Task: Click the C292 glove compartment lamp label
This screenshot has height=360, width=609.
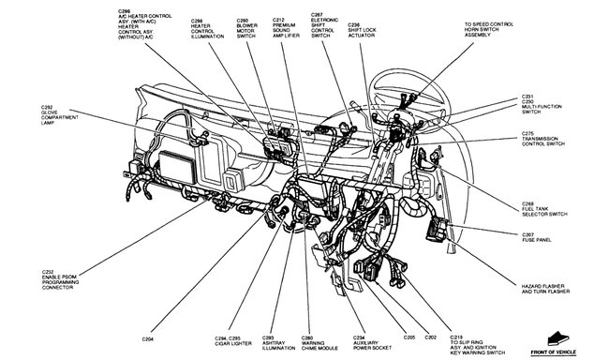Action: click(x=57, y=115)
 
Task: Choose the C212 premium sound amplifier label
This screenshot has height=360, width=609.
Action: click(x=286, y=32)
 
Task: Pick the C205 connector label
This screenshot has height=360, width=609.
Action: click(x=409, y=336)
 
